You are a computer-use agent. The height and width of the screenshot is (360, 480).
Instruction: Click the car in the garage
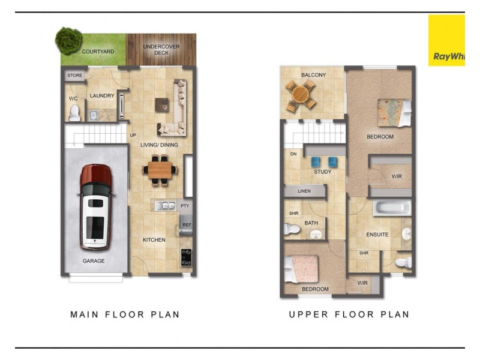pos(96,207)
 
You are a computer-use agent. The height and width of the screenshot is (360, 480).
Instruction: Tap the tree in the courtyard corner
pos(68,40)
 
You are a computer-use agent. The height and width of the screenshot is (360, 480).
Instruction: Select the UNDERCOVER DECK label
pos(161,50)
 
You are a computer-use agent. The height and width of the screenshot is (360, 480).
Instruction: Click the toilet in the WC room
pos(74,113)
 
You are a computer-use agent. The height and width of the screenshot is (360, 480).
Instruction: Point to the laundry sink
pos(94,115)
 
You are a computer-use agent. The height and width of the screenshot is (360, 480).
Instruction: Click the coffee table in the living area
pos(162,105)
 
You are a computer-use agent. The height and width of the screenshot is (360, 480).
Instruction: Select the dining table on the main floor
pos(160,170)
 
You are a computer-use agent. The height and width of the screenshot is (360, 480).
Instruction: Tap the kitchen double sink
pos(165,206)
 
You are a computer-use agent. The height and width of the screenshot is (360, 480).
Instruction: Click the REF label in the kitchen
pos(187,224)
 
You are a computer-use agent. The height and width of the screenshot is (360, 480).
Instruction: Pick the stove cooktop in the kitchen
pos(186,257)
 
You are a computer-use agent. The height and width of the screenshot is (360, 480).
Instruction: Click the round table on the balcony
pos(301,94)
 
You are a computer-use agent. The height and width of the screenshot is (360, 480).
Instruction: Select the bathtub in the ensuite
pos(392,208)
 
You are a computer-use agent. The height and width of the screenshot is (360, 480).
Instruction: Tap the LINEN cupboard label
pos(304,191)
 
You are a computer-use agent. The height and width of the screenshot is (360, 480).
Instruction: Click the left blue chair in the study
pos(316,161)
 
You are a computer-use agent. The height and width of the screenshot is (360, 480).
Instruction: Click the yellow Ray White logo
pos(446,40)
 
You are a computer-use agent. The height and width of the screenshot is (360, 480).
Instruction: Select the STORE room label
pos(74,76)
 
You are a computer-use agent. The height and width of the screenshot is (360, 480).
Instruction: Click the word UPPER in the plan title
pos(308,314)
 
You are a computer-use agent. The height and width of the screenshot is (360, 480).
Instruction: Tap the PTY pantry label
pos(185,206)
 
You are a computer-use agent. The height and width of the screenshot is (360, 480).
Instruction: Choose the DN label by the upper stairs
pos(293,154)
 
